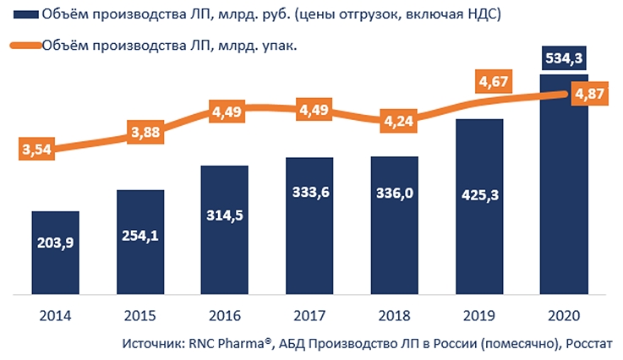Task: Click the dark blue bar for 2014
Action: tap(55, 254)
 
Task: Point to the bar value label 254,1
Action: tap(139, 234)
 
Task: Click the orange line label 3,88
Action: tap(150, 132)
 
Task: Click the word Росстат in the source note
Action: tap(588, 343)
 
